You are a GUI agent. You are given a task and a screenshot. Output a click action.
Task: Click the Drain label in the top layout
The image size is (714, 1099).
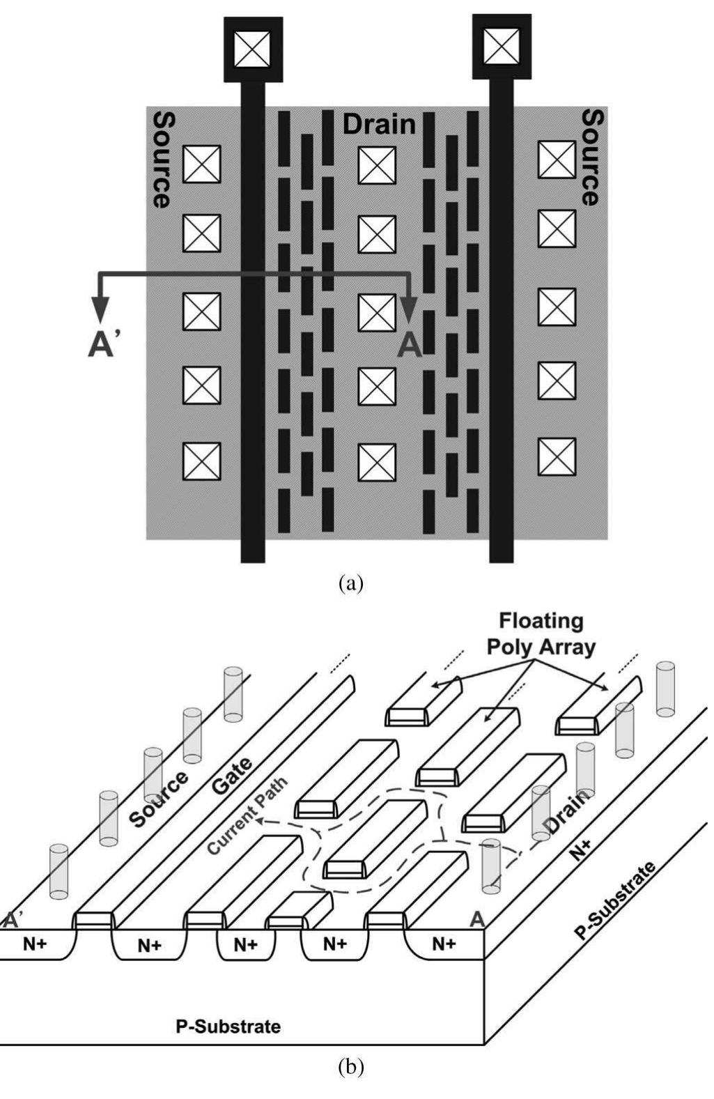tap(379, 124)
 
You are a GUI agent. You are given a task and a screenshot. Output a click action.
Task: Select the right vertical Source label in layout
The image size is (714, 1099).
tap(591, 157)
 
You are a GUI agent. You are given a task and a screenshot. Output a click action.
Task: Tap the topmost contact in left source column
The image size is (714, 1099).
tap(202, 164)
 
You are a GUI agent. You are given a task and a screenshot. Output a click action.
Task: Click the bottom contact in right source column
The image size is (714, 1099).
tap(557, 457)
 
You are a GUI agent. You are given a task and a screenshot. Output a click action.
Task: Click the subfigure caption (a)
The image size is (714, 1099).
tap(350, 583)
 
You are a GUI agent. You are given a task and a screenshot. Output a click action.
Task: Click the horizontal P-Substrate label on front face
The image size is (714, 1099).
tap(228, 1026)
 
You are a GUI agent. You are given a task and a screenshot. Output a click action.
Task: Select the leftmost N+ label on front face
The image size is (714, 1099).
tap(35, 944)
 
